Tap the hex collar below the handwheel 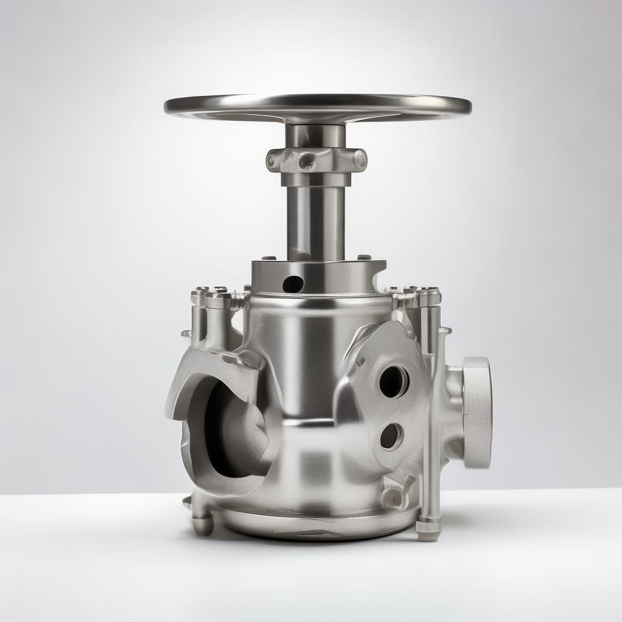click(x=316, y=160)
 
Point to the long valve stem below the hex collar click(x=316, y=219)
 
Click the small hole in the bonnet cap click(x=293, y=283)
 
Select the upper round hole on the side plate click(x=393, y=381)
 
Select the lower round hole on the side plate click(x=391, y=436)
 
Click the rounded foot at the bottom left click(x=202, y=524)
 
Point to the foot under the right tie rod click(x=428, y=530)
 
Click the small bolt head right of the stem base click(x=364, y=258)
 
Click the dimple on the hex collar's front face click(x=307, y=161)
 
